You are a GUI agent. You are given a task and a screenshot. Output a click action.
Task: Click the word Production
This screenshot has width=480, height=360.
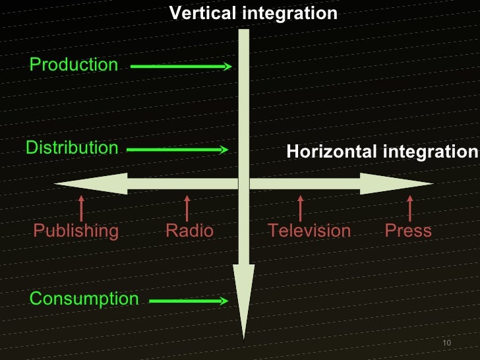click(x=73, y=65)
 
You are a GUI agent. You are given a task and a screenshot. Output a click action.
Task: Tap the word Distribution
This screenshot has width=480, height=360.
click(x=72, y=148)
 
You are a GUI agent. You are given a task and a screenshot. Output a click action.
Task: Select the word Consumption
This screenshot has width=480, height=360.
click(x=84, y=299)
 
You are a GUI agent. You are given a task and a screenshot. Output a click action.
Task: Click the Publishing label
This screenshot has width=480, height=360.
click(x=76, y=231)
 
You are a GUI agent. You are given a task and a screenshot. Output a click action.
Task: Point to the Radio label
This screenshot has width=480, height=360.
click(x=189, y=231)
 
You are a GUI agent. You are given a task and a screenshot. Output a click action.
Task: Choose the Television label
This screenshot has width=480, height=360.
click(x=309, y=231)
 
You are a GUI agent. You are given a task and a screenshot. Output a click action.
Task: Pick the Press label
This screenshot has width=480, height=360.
click(x=408, y=231)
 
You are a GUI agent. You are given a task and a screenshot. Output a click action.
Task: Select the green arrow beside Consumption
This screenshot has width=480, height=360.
click(x=189, y=301)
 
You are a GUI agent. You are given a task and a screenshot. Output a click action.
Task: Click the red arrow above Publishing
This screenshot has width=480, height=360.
click(x=81, y=208)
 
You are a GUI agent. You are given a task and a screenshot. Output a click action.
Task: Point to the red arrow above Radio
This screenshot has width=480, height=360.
click(x=187, y=208)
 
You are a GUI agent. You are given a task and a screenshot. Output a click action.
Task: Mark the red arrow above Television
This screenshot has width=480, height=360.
click(x=301, y=208)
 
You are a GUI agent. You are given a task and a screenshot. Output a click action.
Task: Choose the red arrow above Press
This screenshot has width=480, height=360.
click(x=411, y=208)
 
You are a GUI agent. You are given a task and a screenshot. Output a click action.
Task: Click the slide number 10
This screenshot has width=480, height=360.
click(x=446, y=345)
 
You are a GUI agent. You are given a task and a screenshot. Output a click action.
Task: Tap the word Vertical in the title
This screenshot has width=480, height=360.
click(x=200, y=13)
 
